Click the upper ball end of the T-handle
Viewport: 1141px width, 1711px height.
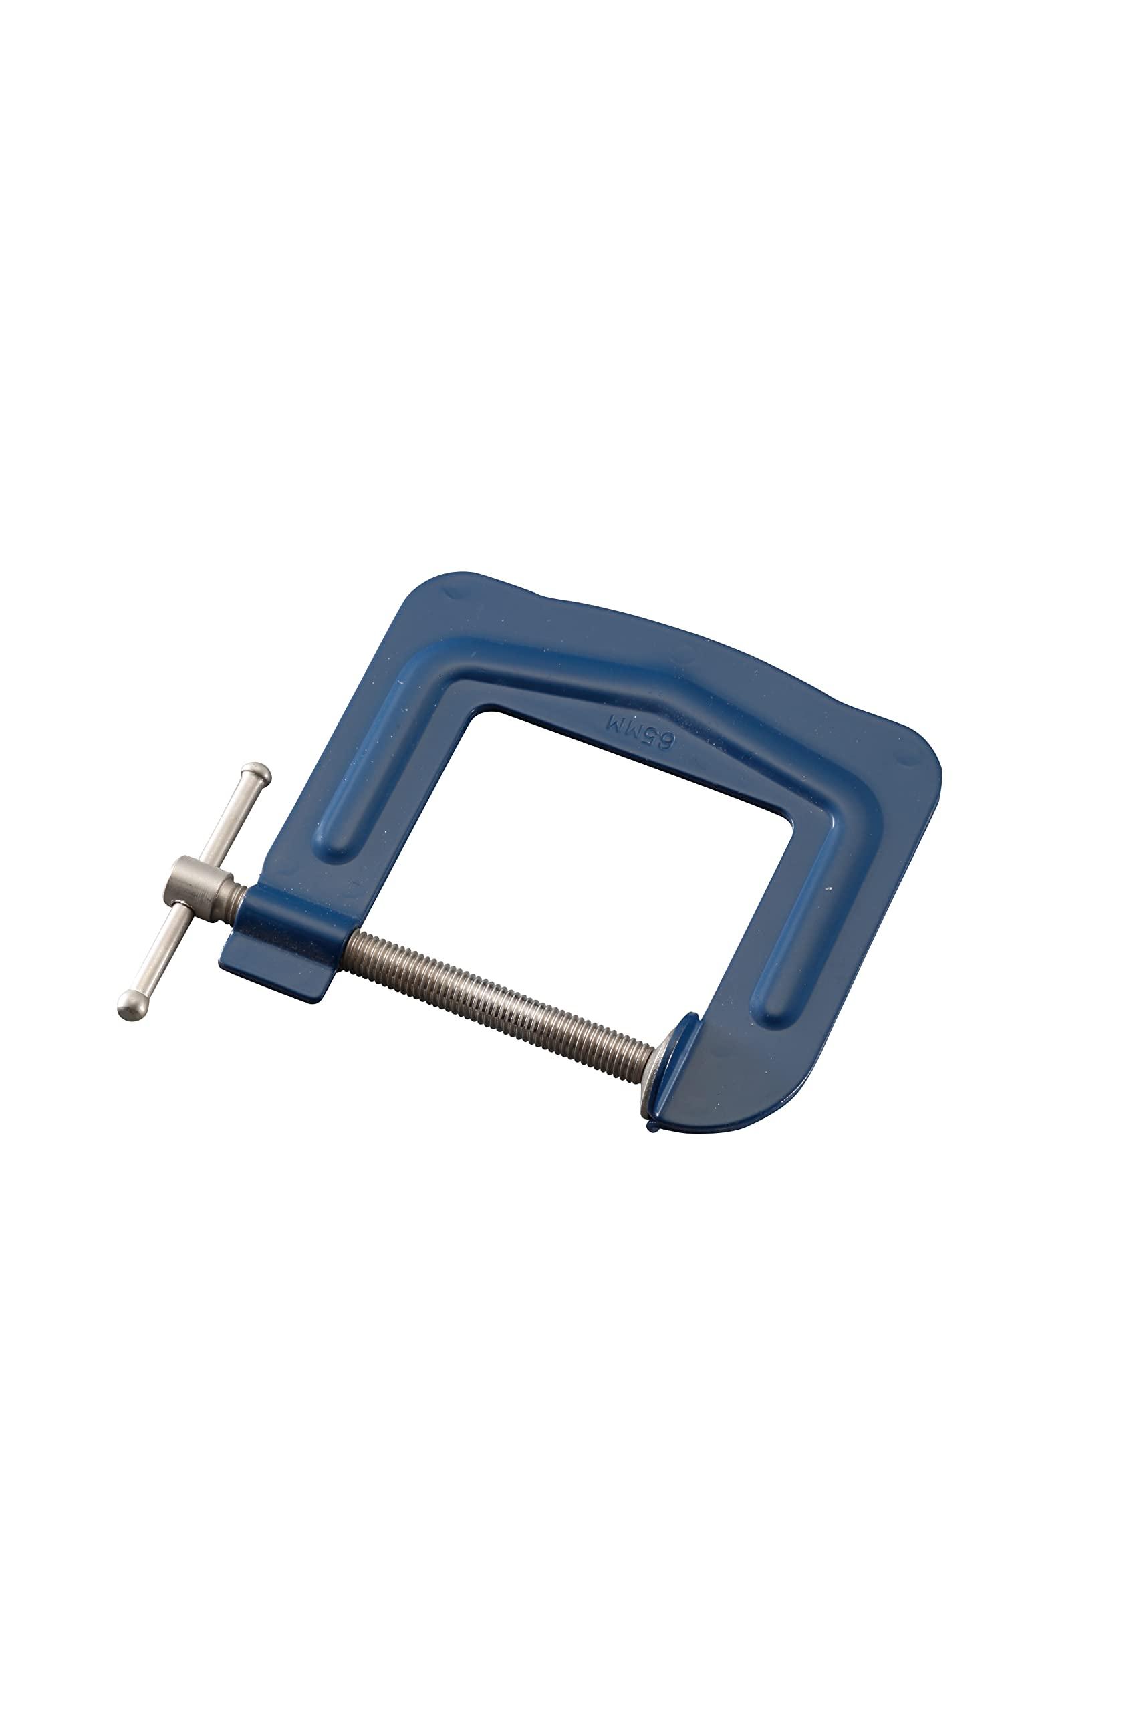(257, 774)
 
